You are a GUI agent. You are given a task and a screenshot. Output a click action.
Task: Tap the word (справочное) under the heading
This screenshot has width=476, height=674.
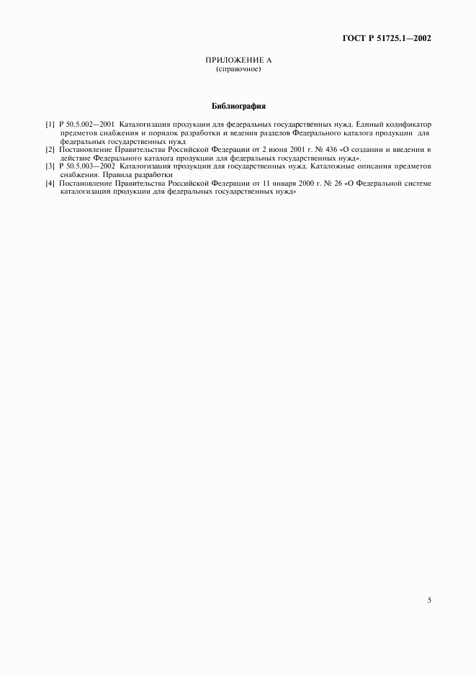click(x=238, y=71)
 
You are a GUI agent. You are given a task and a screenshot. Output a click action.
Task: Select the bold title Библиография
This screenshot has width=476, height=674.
click(x=238, y=107)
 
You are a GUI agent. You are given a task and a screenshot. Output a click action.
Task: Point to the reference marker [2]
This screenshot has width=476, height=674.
click(x=49, y=150)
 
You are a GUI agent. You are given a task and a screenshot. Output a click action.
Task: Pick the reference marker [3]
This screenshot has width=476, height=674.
click(x=49, y=166)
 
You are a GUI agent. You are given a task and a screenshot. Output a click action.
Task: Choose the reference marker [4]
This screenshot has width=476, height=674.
click(x=49, y=184)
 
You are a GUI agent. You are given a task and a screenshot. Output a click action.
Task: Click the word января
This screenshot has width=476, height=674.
click(x=285, y=184)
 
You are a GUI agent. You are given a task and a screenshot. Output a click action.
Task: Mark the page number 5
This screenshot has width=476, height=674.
click(x=429, y=599)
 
